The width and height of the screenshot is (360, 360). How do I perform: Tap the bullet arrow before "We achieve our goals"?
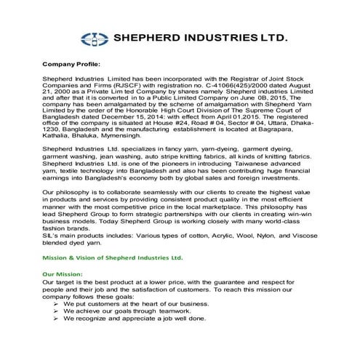coord(56,312)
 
